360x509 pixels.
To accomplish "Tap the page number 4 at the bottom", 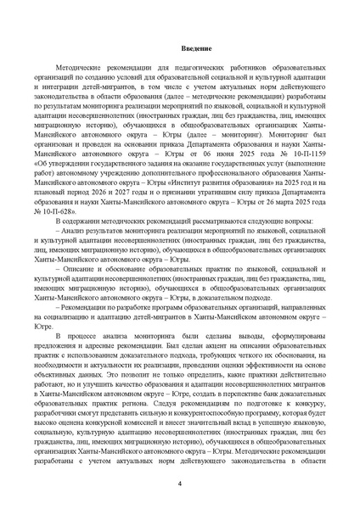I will pyautogui.click(x=179, y=484).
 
